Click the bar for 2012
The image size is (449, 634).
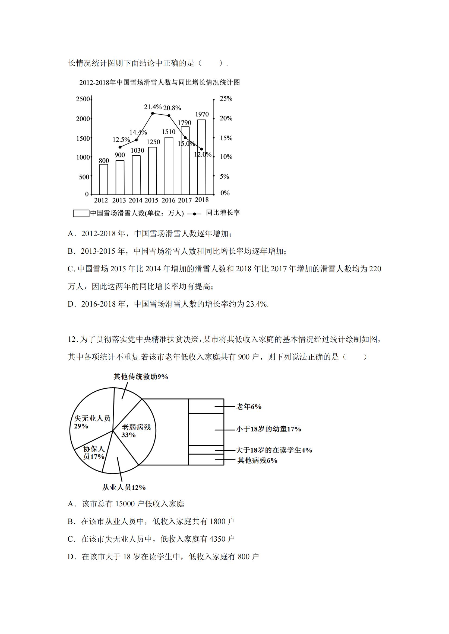(x=104, y=179)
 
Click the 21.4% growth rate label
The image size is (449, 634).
(x=153, y=107)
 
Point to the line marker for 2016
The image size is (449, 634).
(x=169, y=115)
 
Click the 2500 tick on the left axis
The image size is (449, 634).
(x=83, y=99)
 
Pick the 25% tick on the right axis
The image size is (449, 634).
(x=226, y=99)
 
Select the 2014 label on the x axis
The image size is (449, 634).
(x=135, y=200)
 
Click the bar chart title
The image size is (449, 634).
(x=160, y=83)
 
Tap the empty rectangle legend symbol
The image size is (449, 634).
(x=81, y=213)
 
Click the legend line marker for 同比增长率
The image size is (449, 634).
(x=194, y=213)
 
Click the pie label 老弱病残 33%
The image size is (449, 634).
(x=136, y=431)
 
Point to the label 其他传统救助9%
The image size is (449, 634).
(x=141, y=377)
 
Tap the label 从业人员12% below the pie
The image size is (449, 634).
(x=124, y=487)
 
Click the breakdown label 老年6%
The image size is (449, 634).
(x=249, y=407)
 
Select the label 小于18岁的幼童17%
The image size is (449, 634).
(x=268, y=429)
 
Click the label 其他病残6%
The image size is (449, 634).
(x=257, y=460)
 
